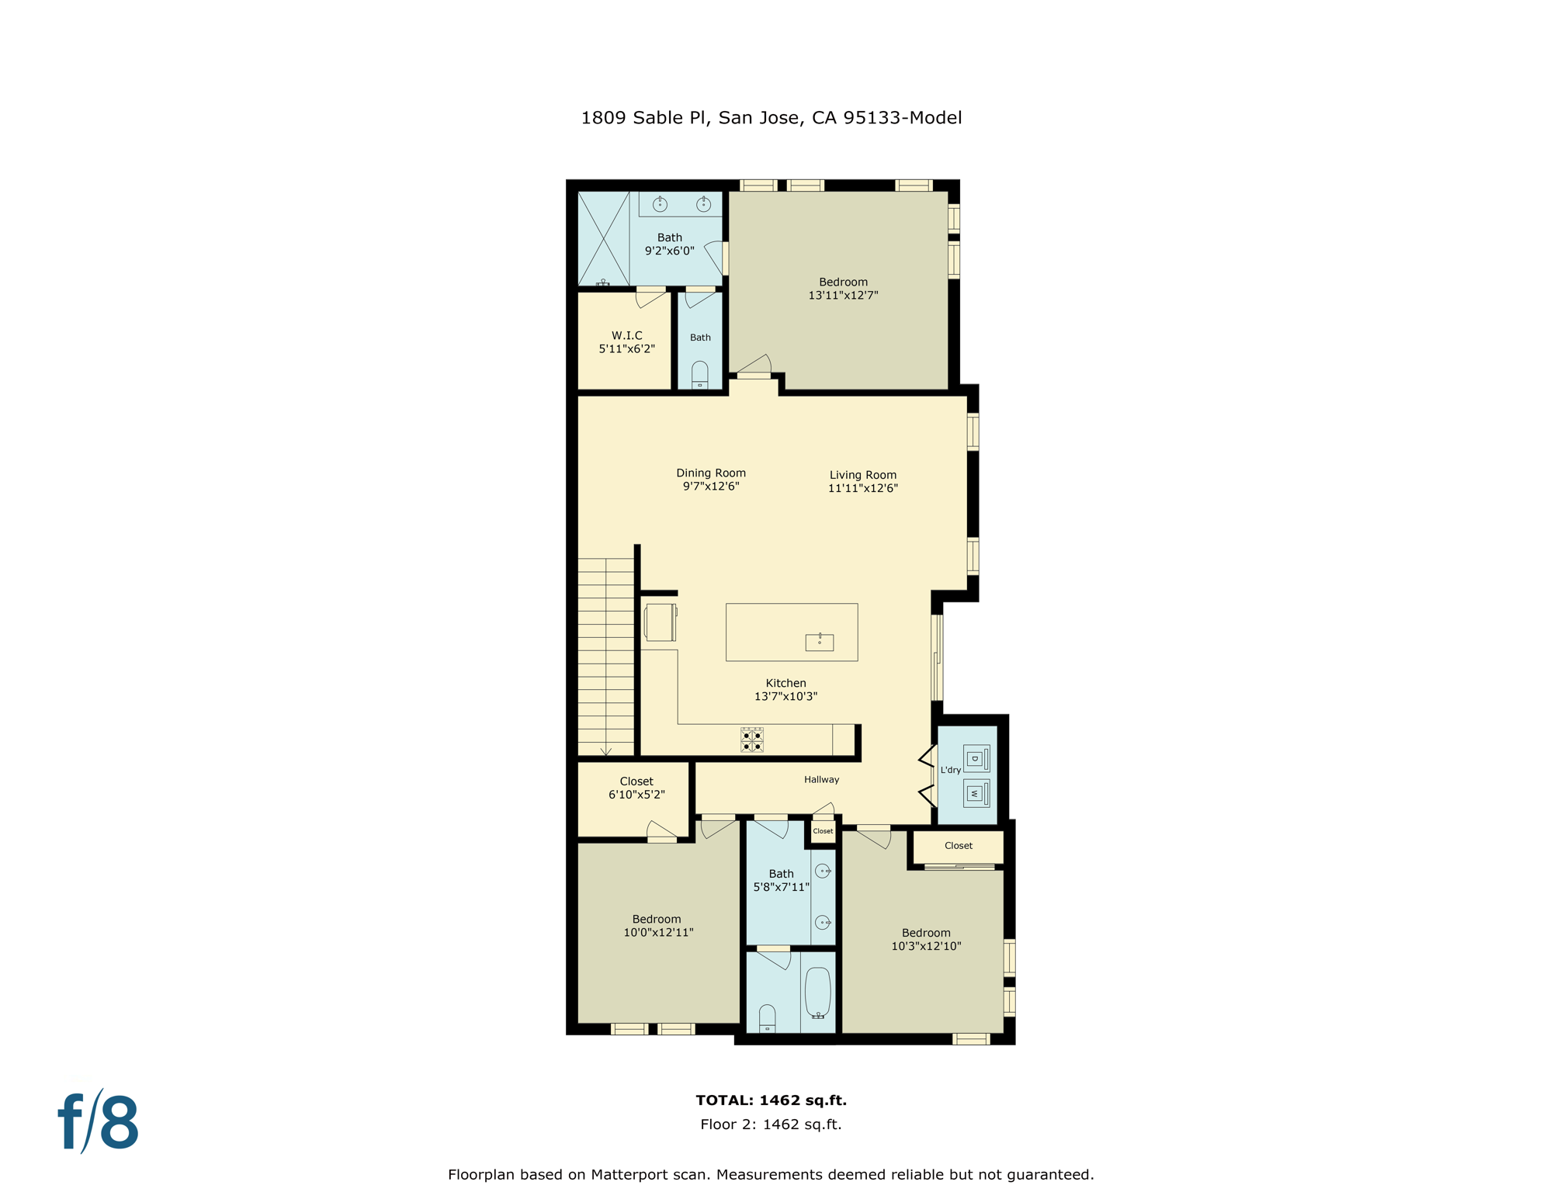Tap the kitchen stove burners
[751, 740]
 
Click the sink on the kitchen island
[819, 642]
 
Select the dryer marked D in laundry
[976, 758]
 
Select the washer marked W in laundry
[976, 793]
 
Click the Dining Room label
[710, 473]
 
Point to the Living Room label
[862, 475]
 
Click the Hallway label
[821, 779]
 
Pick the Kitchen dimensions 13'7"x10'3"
[785, 696]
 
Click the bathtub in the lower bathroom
[817, 993]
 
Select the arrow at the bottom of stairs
[605, 750]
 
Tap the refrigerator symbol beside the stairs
[660, 622]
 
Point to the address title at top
[771, 117]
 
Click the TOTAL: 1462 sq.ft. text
[771, 1100]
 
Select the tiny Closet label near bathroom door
[823, 831]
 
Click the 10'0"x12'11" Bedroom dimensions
[658, 932]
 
